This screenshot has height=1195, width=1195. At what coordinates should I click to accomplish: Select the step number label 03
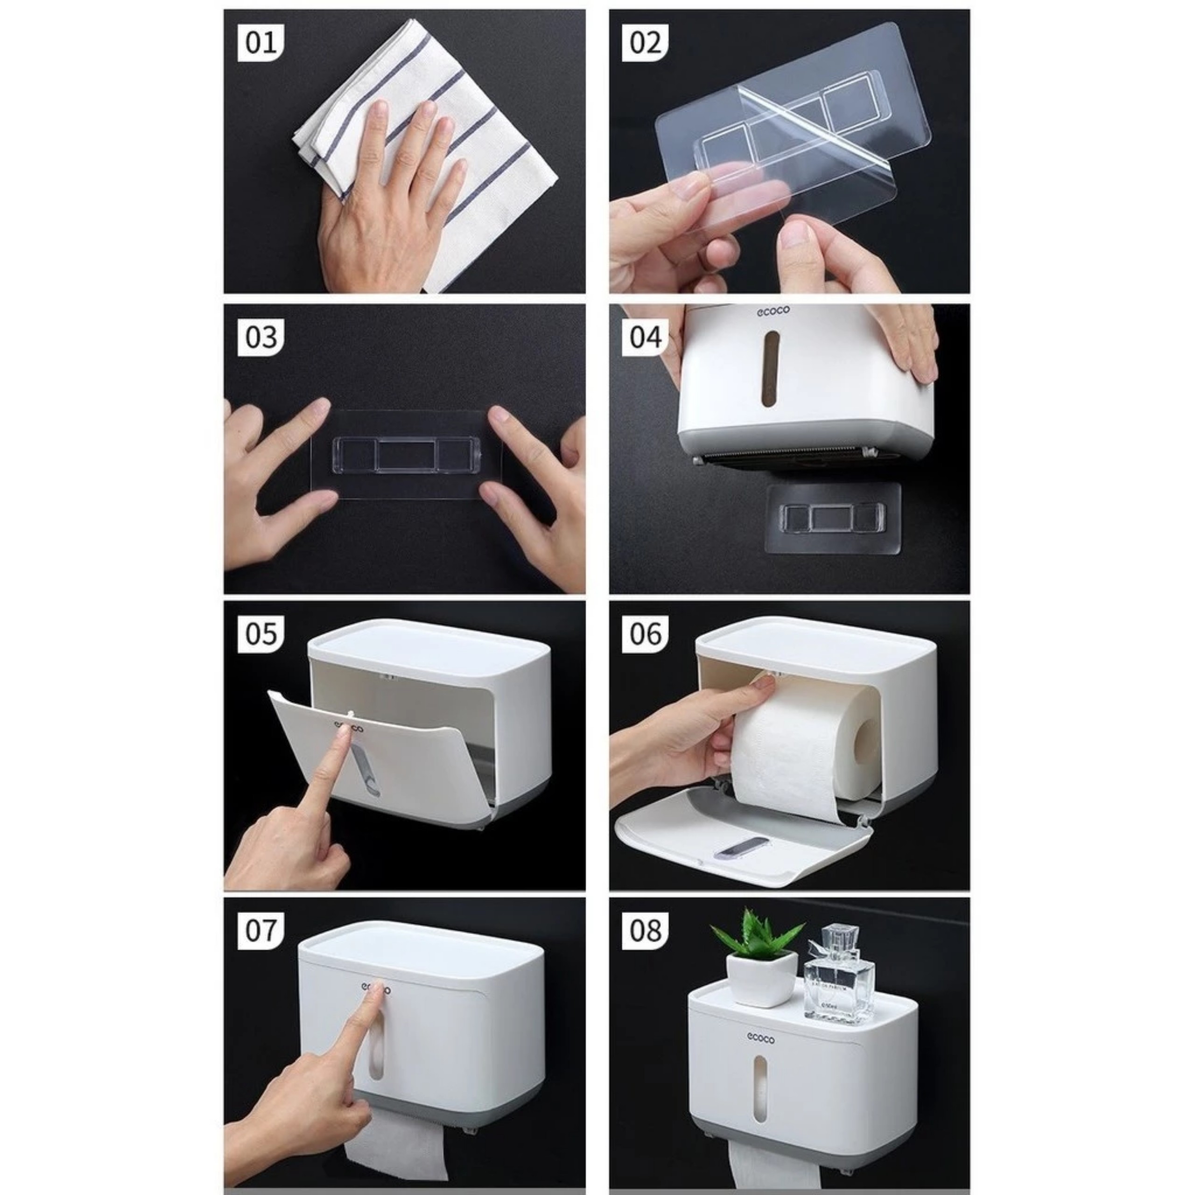[x=260, y=337]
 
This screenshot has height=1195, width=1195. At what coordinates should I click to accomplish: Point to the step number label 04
[x=645, y=337]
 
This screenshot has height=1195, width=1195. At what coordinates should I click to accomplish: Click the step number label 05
[x=260, y=634]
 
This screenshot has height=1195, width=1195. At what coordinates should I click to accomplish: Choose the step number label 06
[x=645, y=634]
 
